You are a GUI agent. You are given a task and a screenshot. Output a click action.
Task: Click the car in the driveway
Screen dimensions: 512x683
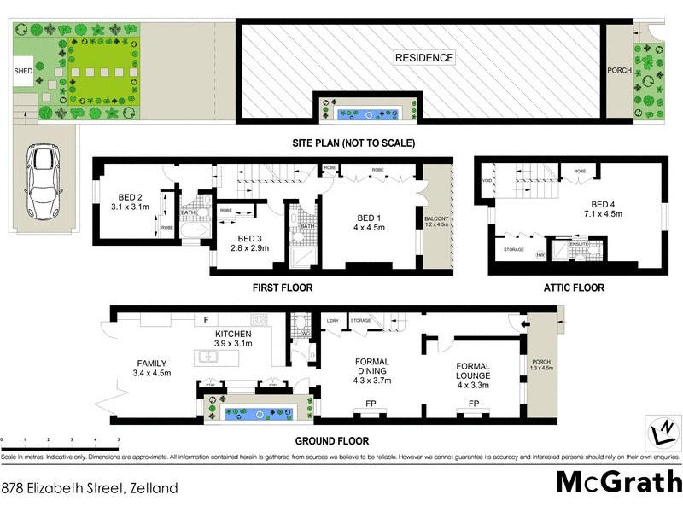click(x=41, y=181)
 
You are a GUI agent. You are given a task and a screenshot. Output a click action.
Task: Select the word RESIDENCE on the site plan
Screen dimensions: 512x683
click(x=424, y=58)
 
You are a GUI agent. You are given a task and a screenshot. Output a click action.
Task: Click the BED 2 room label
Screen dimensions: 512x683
click(x=130, y=201)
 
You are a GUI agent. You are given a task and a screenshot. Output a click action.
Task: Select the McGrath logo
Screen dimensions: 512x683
click(x=619, y=480)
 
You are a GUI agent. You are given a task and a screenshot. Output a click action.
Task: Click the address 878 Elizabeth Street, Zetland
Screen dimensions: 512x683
click(x=90, y=489)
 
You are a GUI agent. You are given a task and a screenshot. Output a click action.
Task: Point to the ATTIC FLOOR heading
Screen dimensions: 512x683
click(x=574, y=288)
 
